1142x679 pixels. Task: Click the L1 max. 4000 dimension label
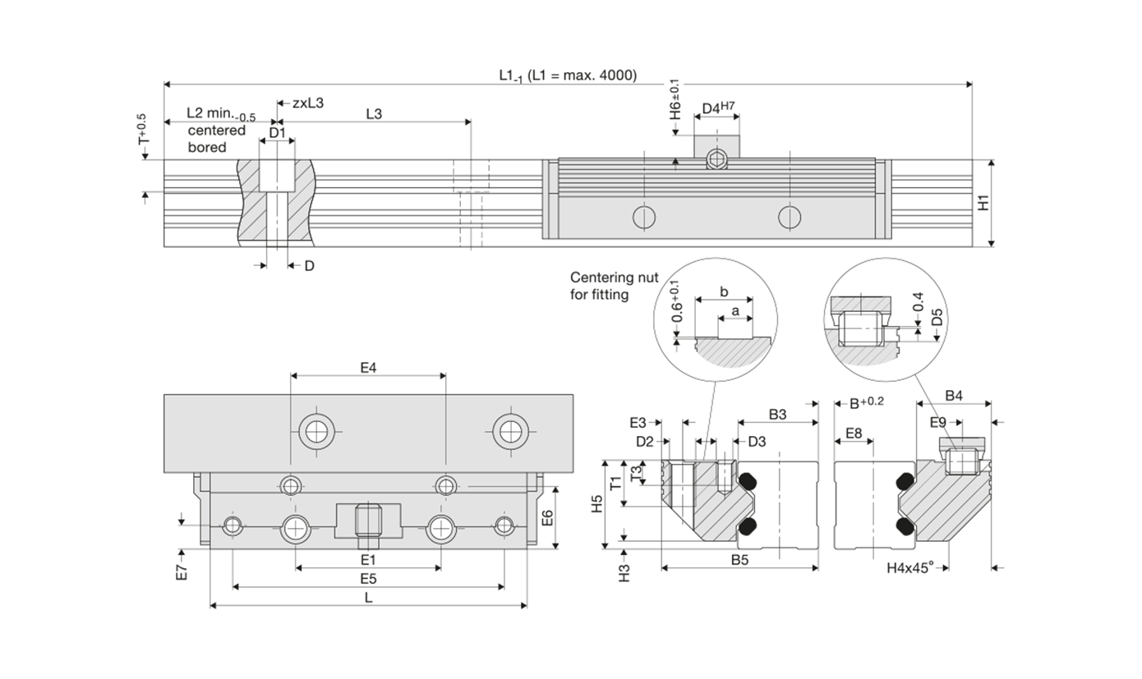coord(569,76)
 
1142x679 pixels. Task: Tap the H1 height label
coord(984,202)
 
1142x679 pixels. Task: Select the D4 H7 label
coord(718,108)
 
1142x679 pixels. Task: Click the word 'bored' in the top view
coord(207,147)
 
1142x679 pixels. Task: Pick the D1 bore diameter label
coord(277,132)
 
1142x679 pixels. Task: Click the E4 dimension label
coord(368,368)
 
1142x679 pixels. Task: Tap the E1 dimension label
coord(368,559)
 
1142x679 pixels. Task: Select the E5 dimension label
coord(368,578)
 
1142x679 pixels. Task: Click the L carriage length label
coord(368,598)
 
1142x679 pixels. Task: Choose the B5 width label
coord(739,560)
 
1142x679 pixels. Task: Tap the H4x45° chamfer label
coord(910,567)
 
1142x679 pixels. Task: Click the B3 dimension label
coord(777,415)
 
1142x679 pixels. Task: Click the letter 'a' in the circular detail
coord(735,311)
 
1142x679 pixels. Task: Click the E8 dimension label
coord(854,433)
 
